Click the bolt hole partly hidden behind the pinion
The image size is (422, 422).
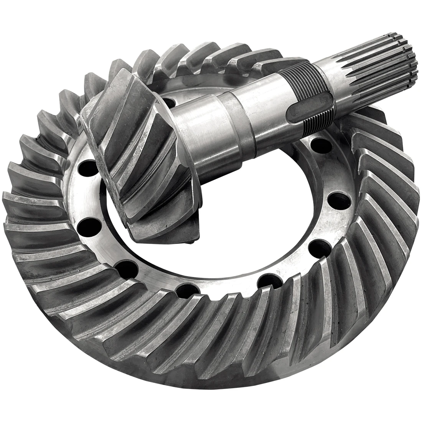click(x=170, y=102)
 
